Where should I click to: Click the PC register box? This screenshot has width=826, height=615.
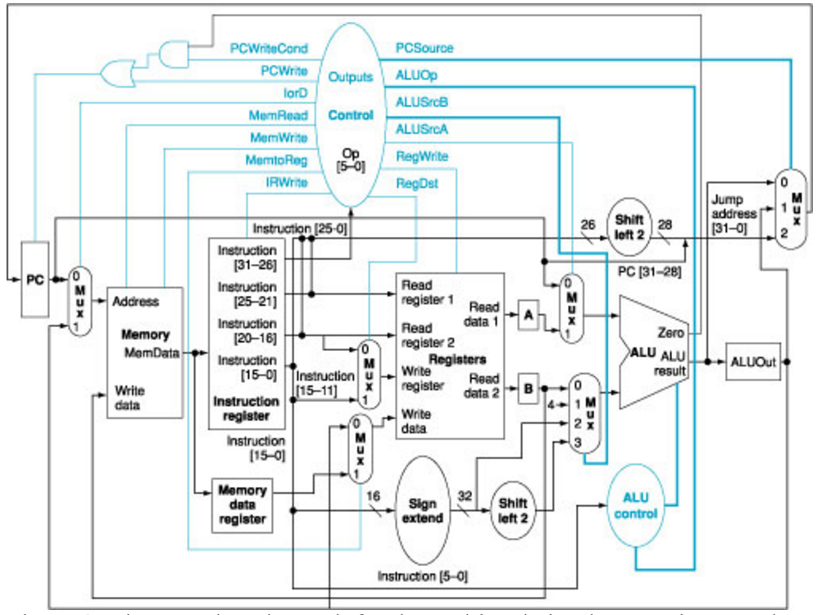click(34, 280)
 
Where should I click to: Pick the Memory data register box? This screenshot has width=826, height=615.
click(242, 504)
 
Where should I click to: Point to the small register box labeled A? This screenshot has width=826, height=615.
click(529, 313)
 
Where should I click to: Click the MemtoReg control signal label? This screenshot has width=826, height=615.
click(275, 160)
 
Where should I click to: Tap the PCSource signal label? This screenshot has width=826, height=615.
click(424, 48)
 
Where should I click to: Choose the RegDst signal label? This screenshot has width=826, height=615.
click(417, 183)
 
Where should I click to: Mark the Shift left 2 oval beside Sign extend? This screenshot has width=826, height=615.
click(512, 508)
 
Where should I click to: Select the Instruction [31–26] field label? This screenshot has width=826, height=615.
click(247, 257)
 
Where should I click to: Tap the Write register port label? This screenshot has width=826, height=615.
click(421, 379)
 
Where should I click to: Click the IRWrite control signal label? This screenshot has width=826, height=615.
click(286, 183)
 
